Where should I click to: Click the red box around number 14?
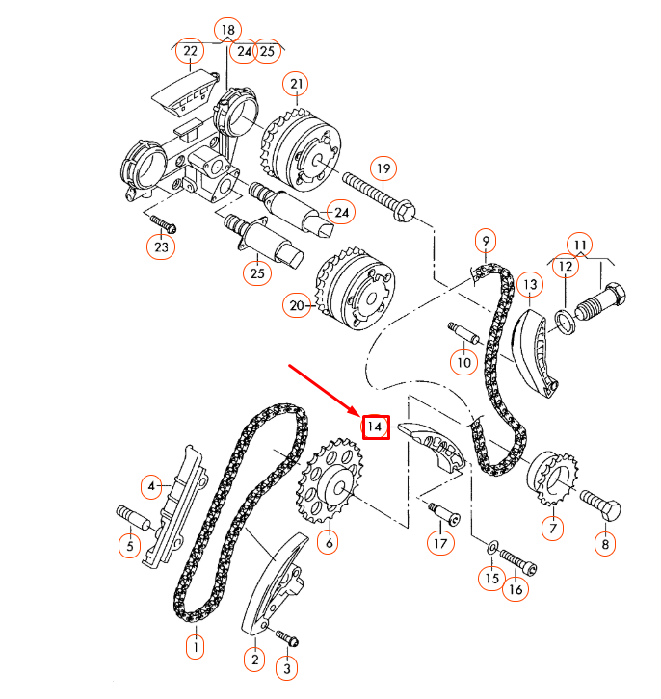375,426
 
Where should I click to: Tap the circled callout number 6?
330,544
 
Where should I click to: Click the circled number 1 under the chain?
196,646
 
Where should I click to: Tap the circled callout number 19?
383,170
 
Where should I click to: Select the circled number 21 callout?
297,86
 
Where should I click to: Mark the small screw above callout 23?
164,226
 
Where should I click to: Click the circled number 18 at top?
226,30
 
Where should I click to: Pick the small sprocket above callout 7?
553,478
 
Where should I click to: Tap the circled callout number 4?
151,486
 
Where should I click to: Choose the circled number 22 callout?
190,50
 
